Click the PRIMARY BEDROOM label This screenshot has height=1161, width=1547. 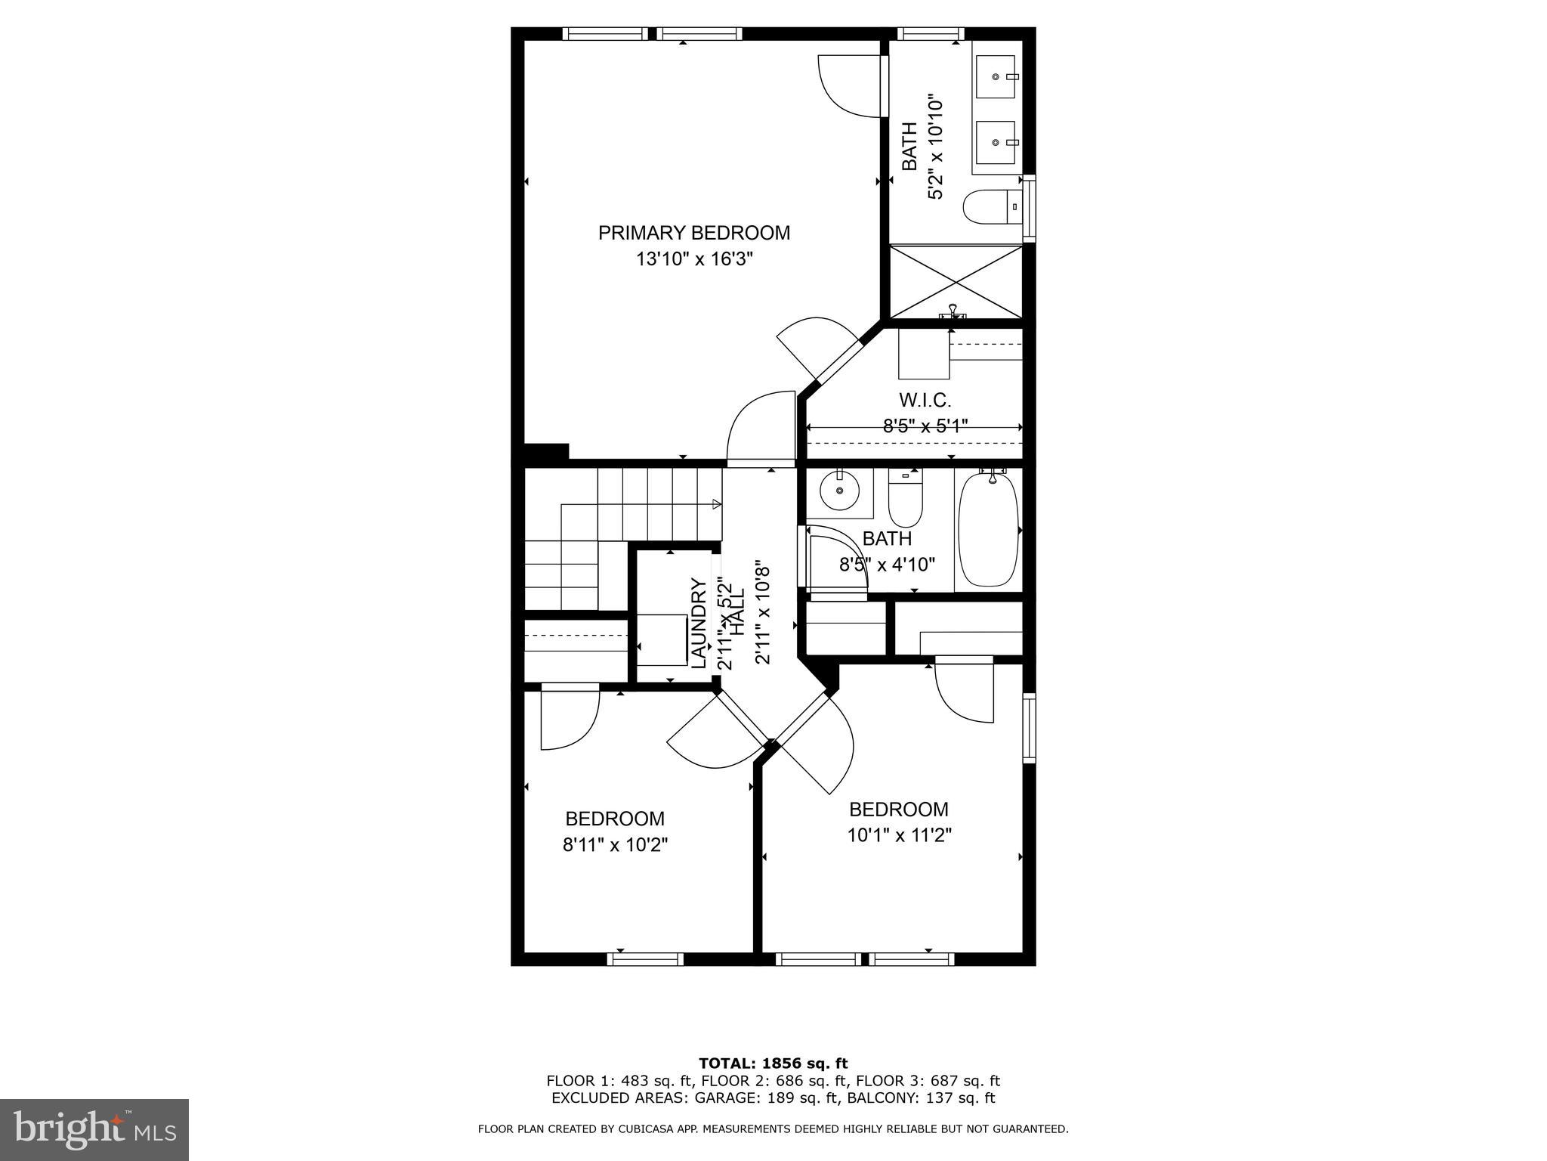(x=693, y=233)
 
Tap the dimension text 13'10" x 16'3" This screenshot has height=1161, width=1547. (x=693, y=259)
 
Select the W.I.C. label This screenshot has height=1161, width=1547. (x=925, y=400)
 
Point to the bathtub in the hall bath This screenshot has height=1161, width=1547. (x=988, y=529)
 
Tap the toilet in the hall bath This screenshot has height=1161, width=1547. (x=905, y=499)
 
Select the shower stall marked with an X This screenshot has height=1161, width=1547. (x=956, y=282)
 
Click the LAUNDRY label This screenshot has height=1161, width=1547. (x=699, y=624)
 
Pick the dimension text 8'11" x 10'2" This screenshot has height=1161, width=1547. (x=615, y=844)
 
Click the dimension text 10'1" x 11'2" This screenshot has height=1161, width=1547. (x=898, y=835)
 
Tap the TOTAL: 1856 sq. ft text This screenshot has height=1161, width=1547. (x=773, y=1063)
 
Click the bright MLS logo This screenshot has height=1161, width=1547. (x=94, y=1129)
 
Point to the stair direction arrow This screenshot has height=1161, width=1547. (x=715, y=504)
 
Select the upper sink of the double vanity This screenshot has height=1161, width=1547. (x=997, y=76)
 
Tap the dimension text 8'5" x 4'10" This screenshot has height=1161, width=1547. (x=887, y=564)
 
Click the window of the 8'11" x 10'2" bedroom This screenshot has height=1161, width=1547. (x=645, y=958)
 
